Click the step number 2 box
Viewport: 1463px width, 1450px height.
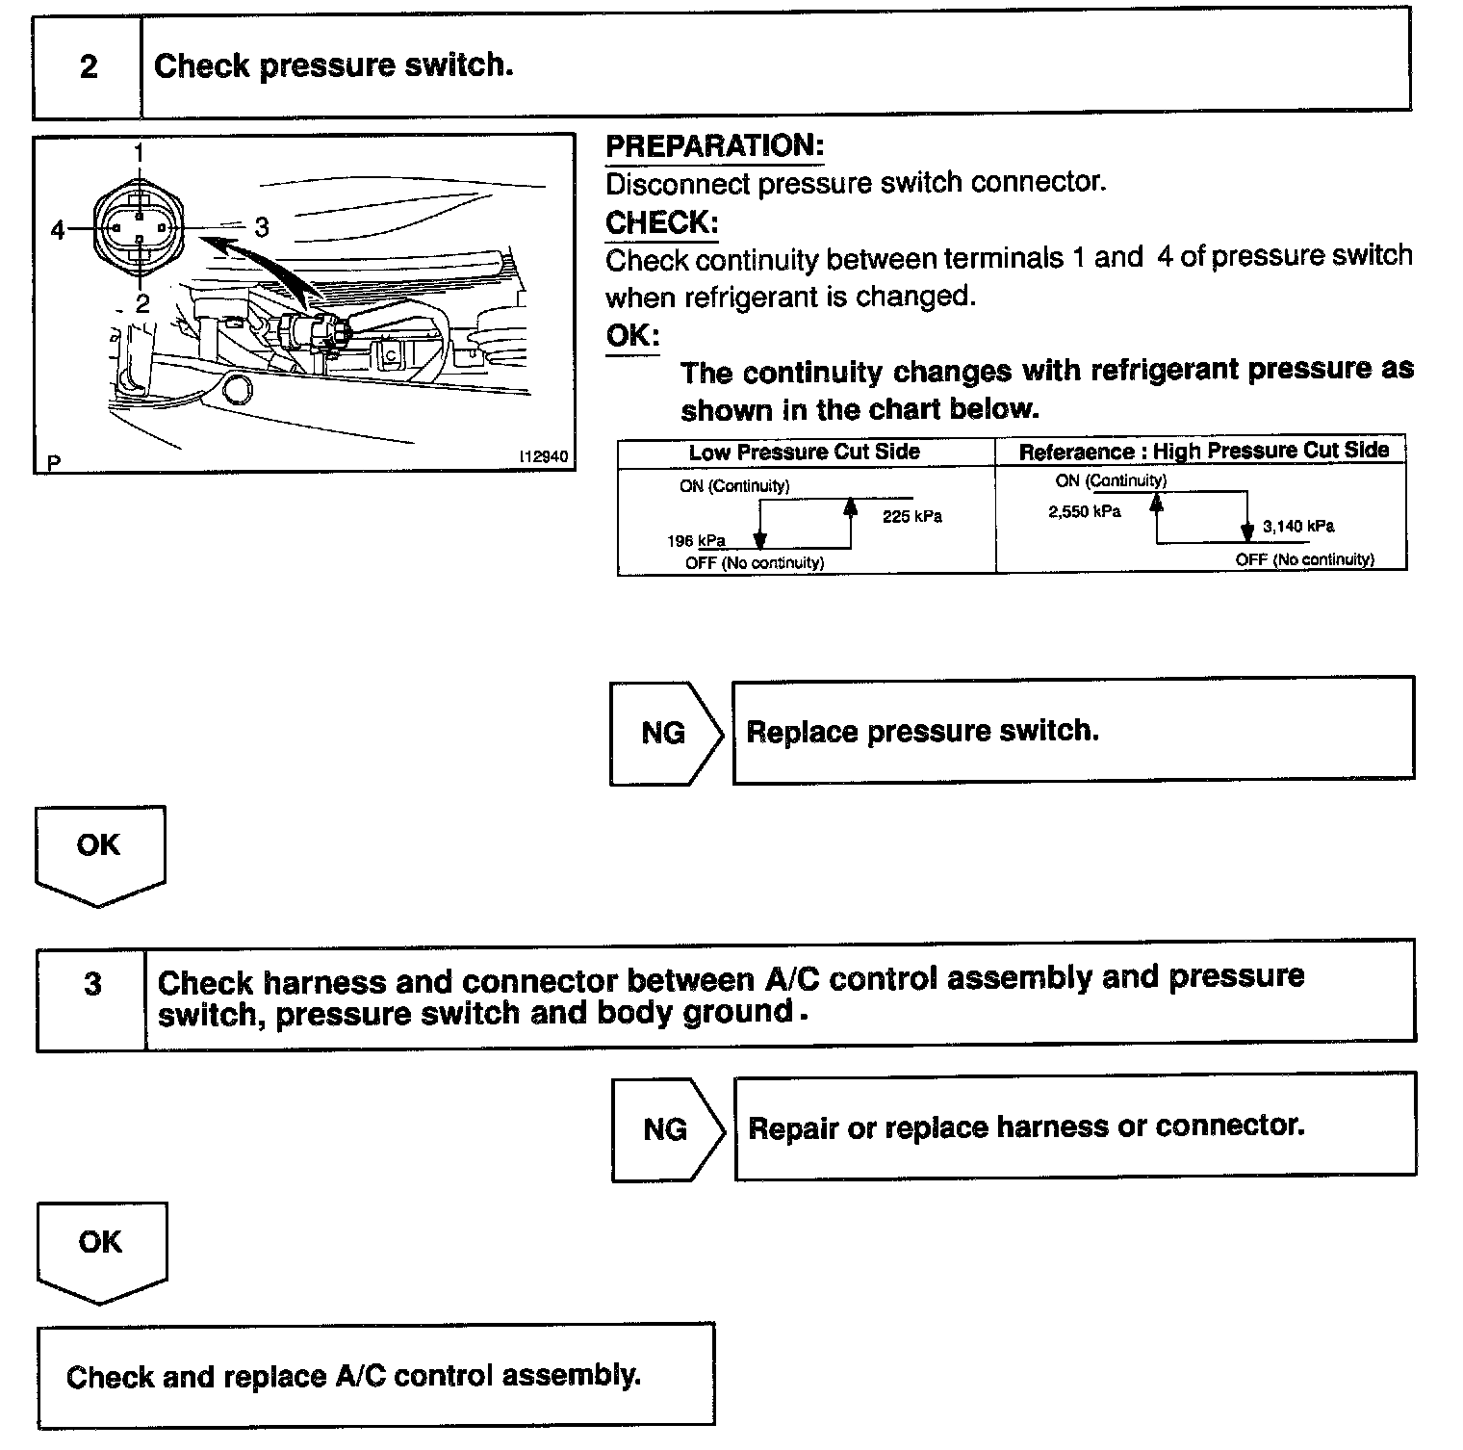coord(88,66)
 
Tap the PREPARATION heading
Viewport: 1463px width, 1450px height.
coord(714,146)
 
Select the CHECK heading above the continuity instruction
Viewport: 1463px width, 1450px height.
coord(661,223)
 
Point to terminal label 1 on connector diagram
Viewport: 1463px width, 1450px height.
coord(140,152)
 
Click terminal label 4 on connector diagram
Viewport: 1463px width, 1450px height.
coord(59,230)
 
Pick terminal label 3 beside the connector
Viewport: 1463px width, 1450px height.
coord(262,227)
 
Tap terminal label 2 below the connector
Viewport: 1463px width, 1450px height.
coord(141,304)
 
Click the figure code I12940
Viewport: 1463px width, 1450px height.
coord(544,458)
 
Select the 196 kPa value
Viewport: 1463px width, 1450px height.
coord(695,540)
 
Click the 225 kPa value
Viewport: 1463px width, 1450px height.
coord(911,517)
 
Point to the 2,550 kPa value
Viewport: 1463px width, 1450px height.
coord(1084,512)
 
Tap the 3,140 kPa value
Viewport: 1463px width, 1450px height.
coord(1298,527)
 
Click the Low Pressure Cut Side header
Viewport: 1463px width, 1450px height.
coord(804,452)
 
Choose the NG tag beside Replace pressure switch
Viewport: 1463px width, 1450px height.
coord(663,733)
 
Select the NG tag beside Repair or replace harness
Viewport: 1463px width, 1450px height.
coord(665,1128)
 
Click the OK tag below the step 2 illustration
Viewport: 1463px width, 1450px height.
coord(99,845)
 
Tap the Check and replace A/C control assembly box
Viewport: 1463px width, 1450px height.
coord(375,1375)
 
